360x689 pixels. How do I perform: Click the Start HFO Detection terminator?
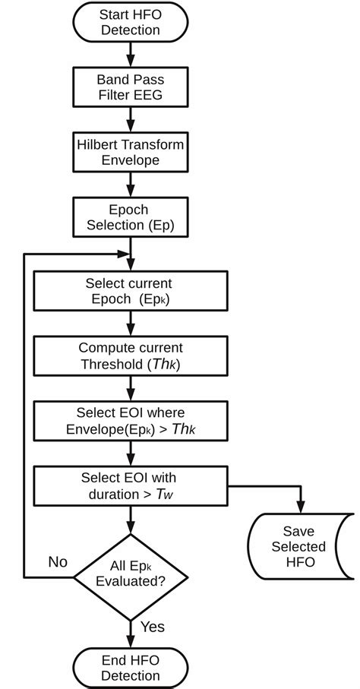130,21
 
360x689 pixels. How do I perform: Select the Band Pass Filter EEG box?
130,86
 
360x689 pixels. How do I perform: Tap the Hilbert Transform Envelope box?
130,152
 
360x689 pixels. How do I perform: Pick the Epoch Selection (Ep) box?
130,217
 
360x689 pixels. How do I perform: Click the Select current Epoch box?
131,291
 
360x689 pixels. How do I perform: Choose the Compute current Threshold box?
131,355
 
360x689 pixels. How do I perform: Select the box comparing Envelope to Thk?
131,420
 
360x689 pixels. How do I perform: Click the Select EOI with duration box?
131,485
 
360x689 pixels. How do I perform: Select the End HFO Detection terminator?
131,668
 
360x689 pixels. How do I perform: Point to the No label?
58,562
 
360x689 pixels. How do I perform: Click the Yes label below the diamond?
152,627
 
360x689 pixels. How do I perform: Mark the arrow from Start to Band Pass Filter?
130,54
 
